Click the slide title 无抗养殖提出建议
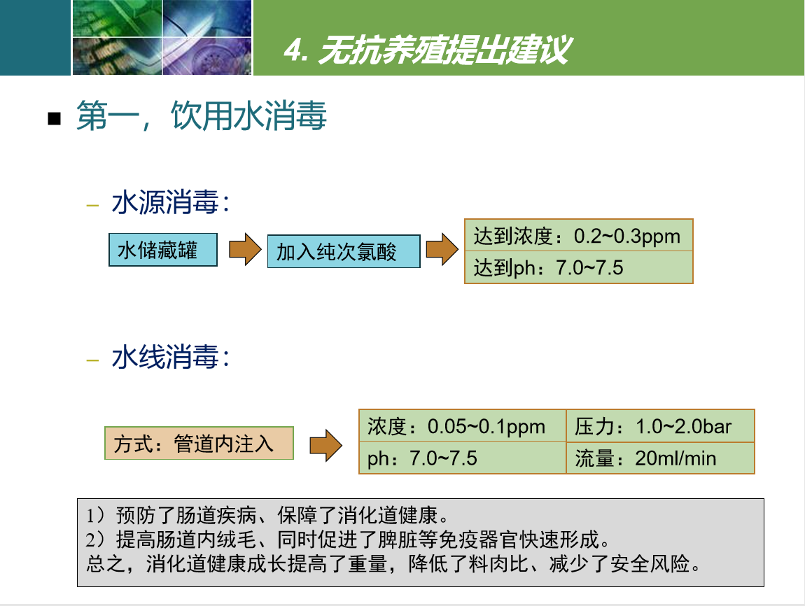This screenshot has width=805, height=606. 427,50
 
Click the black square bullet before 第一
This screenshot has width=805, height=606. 54,118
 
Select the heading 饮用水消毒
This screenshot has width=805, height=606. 248,115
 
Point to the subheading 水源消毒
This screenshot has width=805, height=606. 170,202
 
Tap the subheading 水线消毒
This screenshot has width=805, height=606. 170,357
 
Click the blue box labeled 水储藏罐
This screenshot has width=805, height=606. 162,250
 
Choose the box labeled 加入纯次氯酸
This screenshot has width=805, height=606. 344,251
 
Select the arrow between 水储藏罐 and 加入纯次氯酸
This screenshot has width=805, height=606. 245,249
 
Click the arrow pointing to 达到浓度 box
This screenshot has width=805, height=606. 442,249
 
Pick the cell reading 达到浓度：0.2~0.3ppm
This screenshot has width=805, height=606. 579,236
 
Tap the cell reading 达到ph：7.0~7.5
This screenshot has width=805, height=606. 579,267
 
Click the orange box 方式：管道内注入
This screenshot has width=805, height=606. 199,443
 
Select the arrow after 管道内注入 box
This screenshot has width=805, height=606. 325,445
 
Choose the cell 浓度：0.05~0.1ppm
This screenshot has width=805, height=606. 463,426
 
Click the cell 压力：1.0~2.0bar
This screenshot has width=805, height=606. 660,426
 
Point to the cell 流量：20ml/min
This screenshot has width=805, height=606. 660,458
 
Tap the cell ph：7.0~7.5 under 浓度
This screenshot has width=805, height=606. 463,458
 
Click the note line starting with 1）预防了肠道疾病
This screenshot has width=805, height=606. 267,514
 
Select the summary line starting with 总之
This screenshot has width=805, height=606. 393,564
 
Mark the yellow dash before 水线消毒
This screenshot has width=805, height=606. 92,360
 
